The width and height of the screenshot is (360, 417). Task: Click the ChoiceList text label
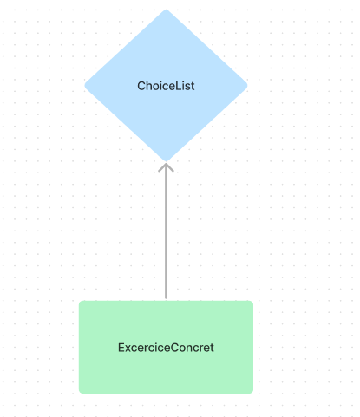pos(166,86)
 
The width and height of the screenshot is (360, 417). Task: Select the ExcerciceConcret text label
pos(166,348)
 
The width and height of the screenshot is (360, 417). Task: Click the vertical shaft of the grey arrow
pos(166,231)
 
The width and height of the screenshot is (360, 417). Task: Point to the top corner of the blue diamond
pos(166,10)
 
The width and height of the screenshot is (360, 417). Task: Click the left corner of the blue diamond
pos(85,86)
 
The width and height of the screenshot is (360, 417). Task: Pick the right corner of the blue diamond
pos(247,86)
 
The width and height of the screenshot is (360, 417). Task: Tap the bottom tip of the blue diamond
pos(166,161)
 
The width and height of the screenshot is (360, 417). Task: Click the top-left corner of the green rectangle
pos(80,301)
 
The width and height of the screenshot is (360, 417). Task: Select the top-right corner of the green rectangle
pos(252,301)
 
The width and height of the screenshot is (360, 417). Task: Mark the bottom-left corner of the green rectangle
pos(80,393)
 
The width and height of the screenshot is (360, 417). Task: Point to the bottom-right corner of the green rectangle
pos(252,393)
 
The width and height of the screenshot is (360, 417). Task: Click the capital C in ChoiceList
pos(141,86)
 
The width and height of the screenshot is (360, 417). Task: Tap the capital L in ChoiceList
pos(179,86)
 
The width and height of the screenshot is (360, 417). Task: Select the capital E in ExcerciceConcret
pos(121,348)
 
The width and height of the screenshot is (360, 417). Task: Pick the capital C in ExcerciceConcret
pos(174,348)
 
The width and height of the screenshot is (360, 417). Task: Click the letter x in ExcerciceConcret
pos(128,349)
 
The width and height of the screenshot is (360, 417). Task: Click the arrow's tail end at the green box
pos(166,298)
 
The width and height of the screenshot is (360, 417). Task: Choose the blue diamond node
pos(166,86)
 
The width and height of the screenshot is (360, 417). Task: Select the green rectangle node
pos(166,347)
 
